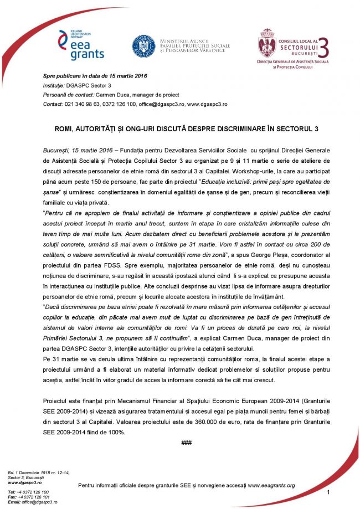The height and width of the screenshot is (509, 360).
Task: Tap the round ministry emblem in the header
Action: coord(143,46)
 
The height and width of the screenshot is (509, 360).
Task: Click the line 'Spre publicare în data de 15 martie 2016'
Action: coord(95,76)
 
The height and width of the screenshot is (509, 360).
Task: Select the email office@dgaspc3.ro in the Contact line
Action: coord(156,104)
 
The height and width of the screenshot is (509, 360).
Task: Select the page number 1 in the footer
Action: coord(328,492)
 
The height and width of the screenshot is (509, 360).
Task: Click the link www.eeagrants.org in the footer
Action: coord(271,485)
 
